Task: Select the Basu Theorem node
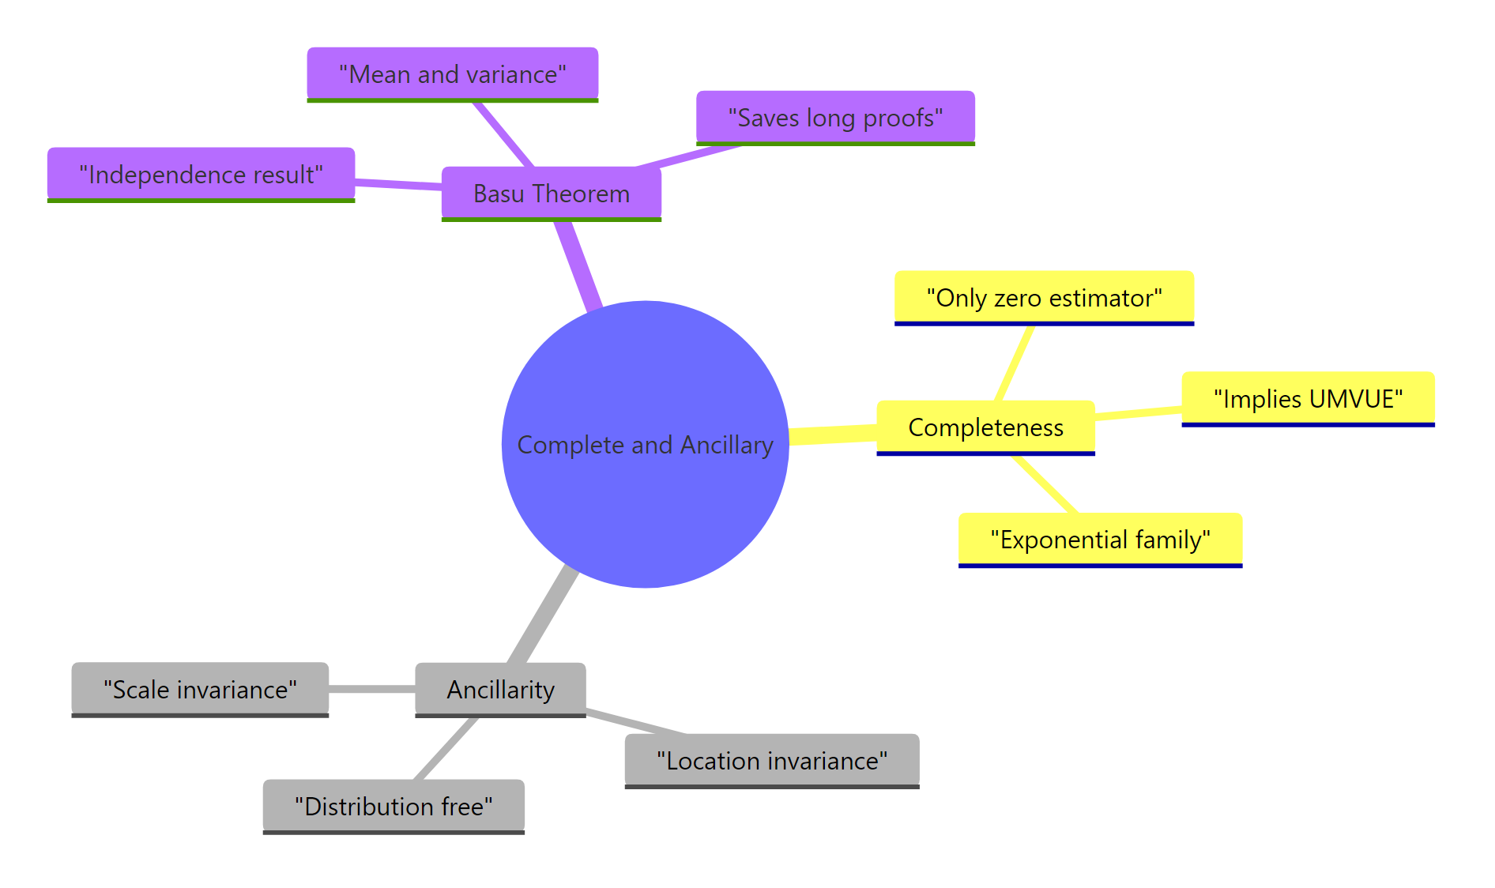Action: click(x=551, y=194)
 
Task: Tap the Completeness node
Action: click(x=985, y=427)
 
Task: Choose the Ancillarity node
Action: click(x=500, y=690)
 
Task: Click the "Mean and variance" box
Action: click(x=452, y=74)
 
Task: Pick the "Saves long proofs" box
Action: click(x=835, y=118)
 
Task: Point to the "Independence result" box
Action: click(x=201, y=175)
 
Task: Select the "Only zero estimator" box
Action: click(x=1044, y=298)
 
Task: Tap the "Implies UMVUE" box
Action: click(x=1308, y=399)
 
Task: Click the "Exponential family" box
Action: click(x=1100, y=540)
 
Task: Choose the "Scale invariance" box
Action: click(x=200, y=690)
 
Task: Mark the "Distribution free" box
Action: click(x=394, y=807)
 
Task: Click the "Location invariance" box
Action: click(x=772, y=761)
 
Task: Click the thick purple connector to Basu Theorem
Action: click(x=578, y=264)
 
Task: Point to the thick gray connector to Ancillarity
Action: click(x=544, y=615)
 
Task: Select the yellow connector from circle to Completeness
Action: click(x=833, y=435)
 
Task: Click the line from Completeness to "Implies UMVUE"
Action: click(x=1138, y=412)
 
